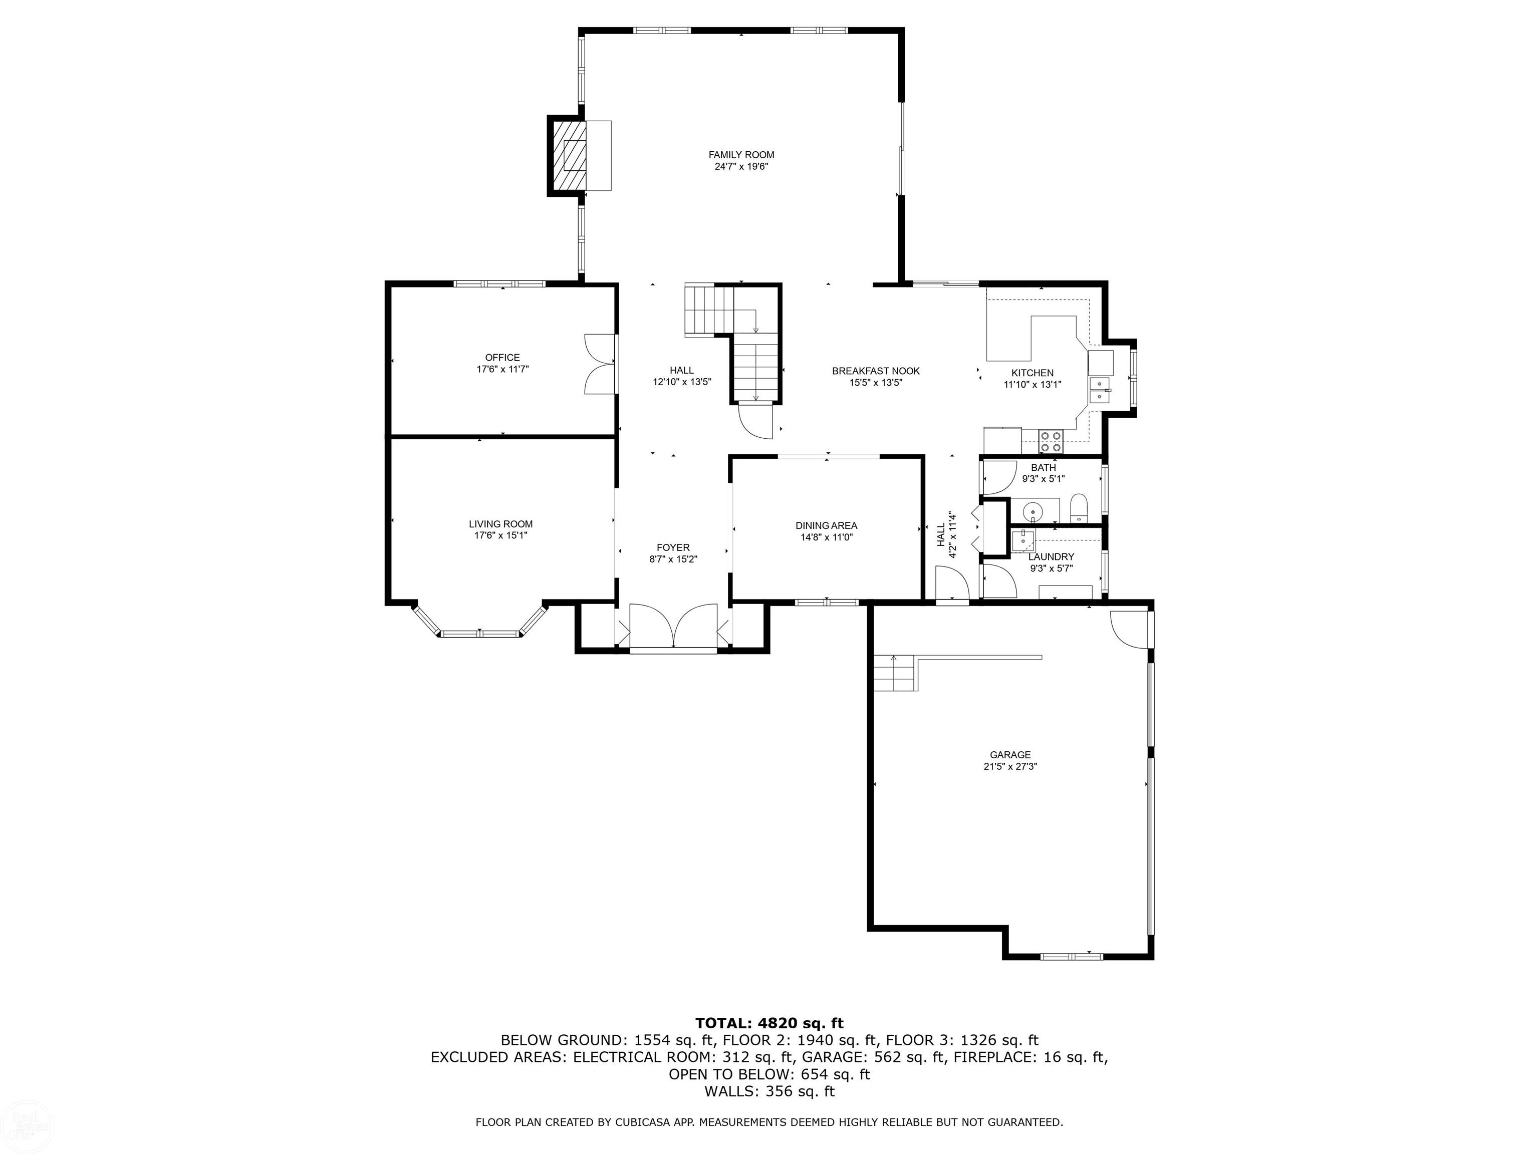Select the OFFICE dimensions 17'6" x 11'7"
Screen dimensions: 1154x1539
[502, 369]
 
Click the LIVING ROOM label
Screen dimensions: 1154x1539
[500, 524]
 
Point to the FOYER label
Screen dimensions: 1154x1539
[673, 547]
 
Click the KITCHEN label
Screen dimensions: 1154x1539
[1032, 373]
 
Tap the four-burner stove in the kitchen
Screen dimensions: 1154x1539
[1051, 441]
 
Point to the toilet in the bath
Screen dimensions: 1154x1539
[1079, 508]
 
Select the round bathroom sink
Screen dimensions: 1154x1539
[1034, 510]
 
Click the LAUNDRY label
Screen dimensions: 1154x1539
[1051, 556]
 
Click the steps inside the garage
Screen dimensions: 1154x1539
[893, 673]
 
